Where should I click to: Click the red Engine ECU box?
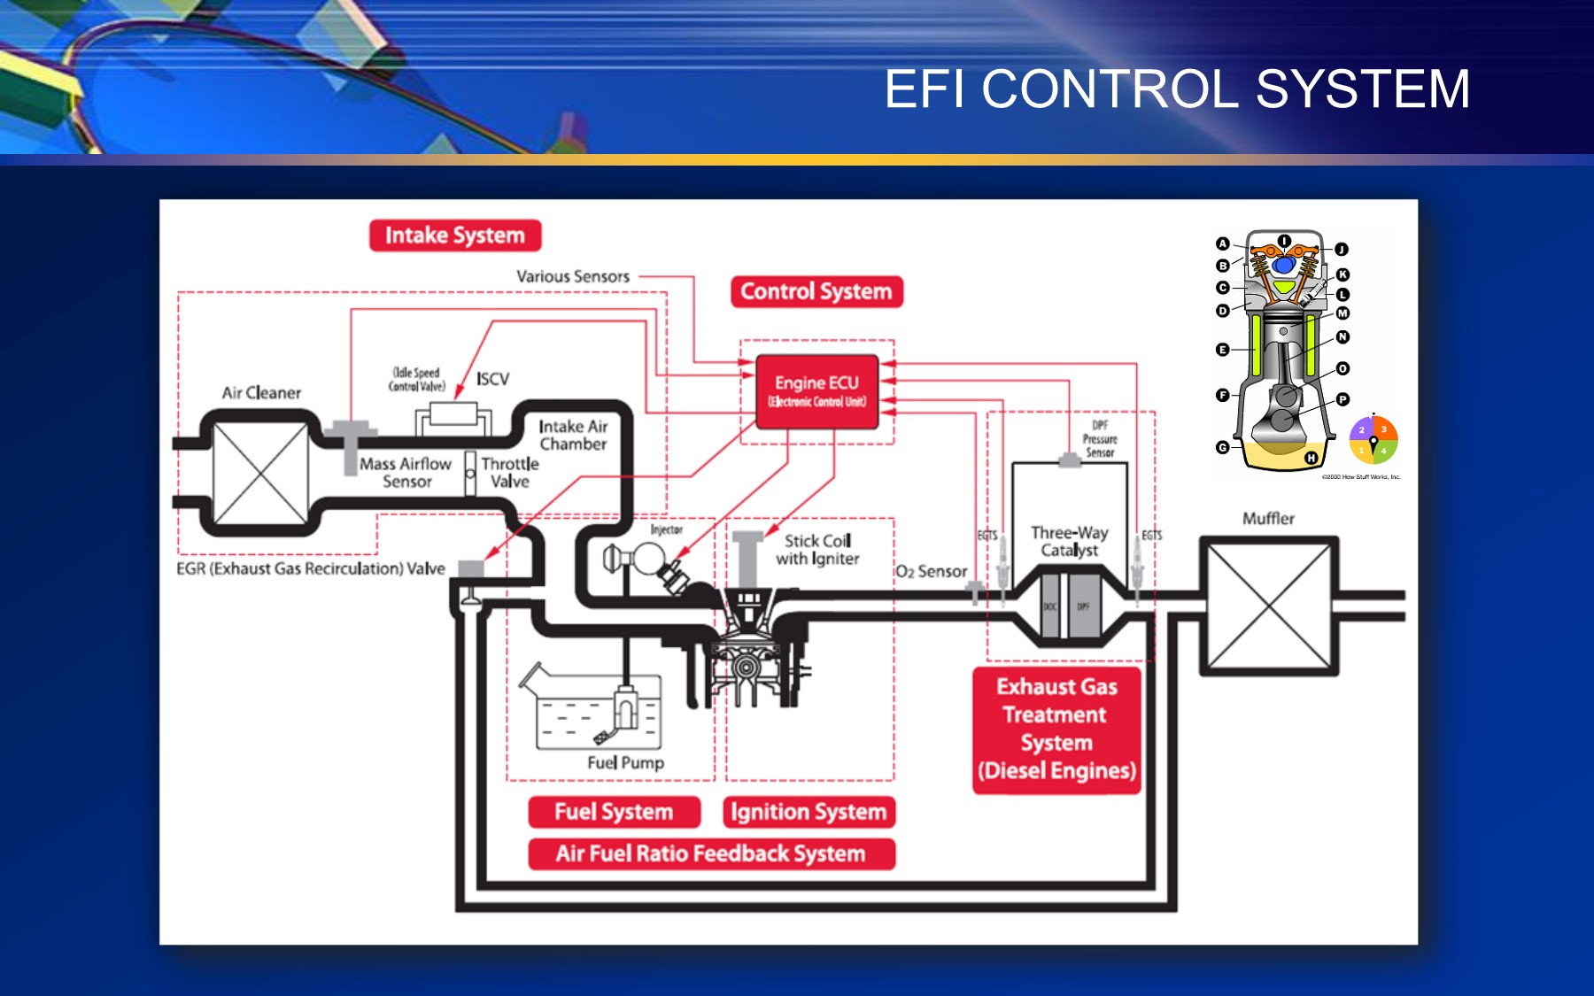coord(816,391)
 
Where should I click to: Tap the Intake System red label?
coord(455,235)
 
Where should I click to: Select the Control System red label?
coord(816,291)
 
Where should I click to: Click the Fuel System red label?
coord(614,812)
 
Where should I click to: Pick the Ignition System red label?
coord(809,812)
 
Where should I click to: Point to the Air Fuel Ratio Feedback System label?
coord(711,853)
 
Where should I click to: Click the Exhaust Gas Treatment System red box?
coord(1056,729)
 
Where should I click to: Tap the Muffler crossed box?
coord(1269,606)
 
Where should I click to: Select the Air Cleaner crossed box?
coord(260,473)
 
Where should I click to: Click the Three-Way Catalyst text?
coord(1070,541)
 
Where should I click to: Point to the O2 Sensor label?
coord(932,572)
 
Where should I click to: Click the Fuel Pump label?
coord(625,762)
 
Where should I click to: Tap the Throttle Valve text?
coord(510,473)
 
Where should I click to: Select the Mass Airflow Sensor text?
coord(406,473)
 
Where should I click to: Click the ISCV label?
coord(492,379)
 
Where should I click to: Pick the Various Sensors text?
coord(573,276)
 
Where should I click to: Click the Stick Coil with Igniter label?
coord(817,550)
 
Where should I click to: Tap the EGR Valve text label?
coord(311,568)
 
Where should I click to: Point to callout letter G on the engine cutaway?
coord(1222,448)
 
